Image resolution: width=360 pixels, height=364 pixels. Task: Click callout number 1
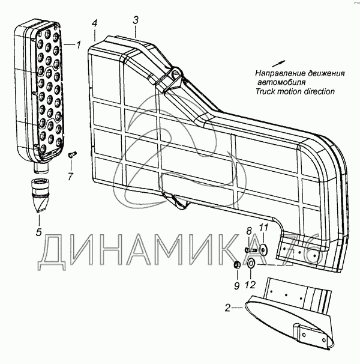79,44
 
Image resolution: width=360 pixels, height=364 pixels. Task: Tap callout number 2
227,308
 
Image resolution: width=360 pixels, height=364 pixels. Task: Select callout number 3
136,20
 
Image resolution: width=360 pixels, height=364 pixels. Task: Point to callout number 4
94,23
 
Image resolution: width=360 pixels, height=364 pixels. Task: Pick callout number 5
39,232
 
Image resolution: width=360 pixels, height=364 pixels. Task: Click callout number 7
71,177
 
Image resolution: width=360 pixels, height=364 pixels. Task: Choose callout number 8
249,231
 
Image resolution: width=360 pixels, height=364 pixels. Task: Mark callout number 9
236,286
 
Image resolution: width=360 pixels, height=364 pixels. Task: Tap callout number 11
264,228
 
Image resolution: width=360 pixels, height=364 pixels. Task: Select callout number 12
250,285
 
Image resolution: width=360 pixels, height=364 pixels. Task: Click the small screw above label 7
72,154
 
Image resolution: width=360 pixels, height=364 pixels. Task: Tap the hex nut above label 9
236,264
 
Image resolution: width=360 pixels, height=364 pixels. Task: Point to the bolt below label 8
251,250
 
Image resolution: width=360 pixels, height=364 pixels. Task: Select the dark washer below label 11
263,249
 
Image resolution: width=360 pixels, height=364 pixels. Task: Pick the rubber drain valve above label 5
40,195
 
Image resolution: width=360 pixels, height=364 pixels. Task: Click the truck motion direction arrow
278,64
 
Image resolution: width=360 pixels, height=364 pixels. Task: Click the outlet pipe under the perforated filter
41,168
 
